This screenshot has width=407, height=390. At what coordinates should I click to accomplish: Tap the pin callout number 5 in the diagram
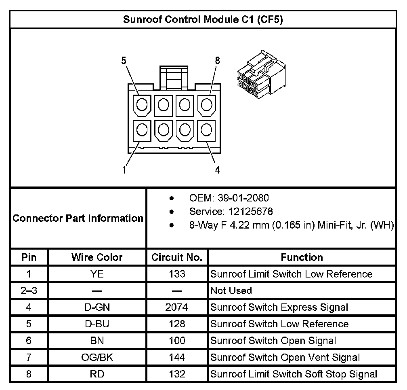pos(124,60)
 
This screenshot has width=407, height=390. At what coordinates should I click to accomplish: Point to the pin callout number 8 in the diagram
pos(218,60)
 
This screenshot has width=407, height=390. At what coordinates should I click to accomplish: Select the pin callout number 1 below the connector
pos(124,170)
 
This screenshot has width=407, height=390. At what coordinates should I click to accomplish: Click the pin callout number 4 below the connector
pos(218,170)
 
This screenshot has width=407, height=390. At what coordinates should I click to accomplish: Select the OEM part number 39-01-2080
pos(243,198)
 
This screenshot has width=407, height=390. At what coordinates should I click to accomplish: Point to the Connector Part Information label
pos(78,218)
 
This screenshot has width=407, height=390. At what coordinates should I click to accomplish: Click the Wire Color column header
pos(97,257)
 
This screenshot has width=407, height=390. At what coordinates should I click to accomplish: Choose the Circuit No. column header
pos(177,257)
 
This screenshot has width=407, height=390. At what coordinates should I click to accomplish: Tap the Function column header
pos(302,257)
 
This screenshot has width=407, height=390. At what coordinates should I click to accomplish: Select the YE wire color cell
pos(97,274)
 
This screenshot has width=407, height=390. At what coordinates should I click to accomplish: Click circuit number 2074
pos(177,307)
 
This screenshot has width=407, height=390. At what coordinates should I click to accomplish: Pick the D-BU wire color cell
pos(97,324)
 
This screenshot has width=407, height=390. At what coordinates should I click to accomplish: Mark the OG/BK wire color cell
pos(97,357)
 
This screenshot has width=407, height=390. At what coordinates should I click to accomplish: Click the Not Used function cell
pos(231,291)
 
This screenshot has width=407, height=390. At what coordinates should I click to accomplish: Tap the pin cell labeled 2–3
pos(29,291)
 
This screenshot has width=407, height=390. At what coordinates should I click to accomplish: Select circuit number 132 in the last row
pos(177,374)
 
